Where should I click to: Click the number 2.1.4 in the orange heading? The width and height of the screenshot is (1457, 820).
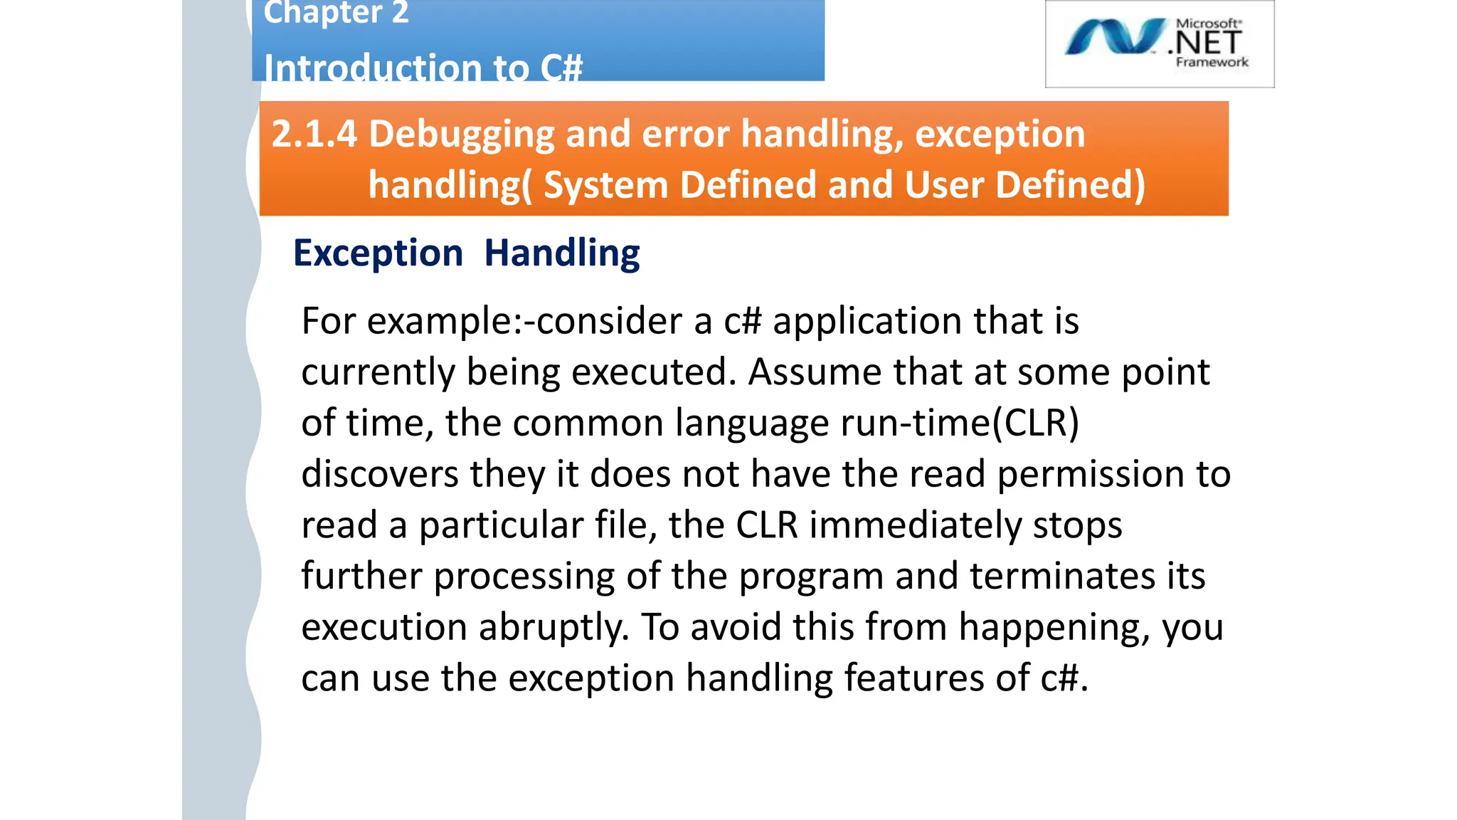tap(314, 134)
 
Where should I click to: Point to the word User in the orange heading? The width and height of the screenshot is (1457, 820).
tap(943, 185)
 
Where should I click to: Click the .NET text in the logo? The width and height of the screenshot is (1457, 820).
tap(1208, 43)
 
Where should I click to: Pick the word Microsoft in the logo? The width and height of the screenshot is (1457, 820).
tap(1208, 23)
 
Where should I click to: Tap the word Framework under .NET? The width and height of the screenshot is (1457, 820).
tap(1212, 63)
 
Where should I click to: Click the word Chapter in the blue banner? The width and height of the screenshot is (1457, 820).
tap(322, 13)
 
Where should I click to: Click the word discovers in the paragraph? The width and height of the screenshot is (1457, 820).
tap(379, 474)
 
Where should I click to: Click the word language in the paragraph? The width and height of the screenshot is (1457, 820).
tap(751, 424)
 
